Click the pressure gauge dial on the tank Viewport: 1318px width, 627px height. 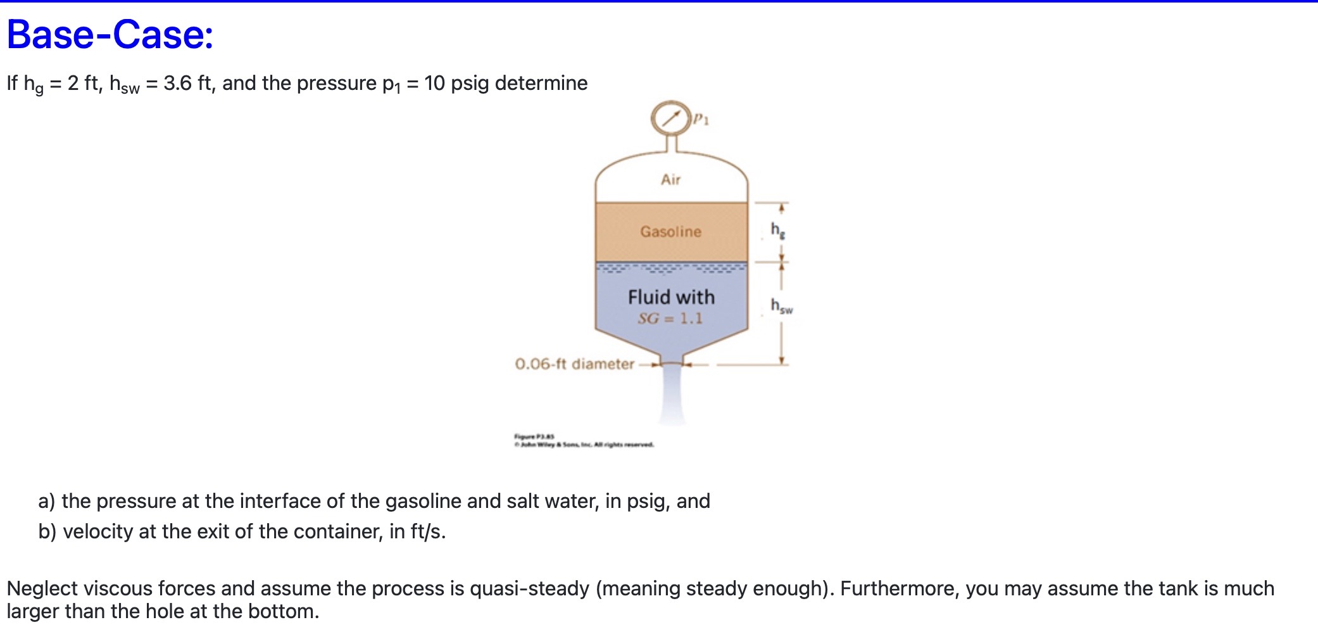[670, 118]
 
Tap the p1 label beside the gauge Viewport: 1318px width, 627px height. [701, 118]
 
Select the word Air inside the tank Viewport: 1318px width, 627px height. [670, 180]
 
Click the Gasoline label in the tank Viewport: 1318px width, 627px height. [670, 232]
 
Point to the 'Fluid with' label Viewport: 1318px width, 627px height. [671, 297]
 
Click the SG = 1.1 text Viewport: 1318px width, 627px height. [670, 319]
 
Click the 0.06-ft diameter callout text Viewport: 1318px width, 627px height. [574, 364]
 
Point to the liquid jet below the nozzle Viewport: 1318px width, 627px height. [672, 396]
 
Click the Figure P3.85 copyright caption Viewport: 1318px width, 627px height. [583, 441]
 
